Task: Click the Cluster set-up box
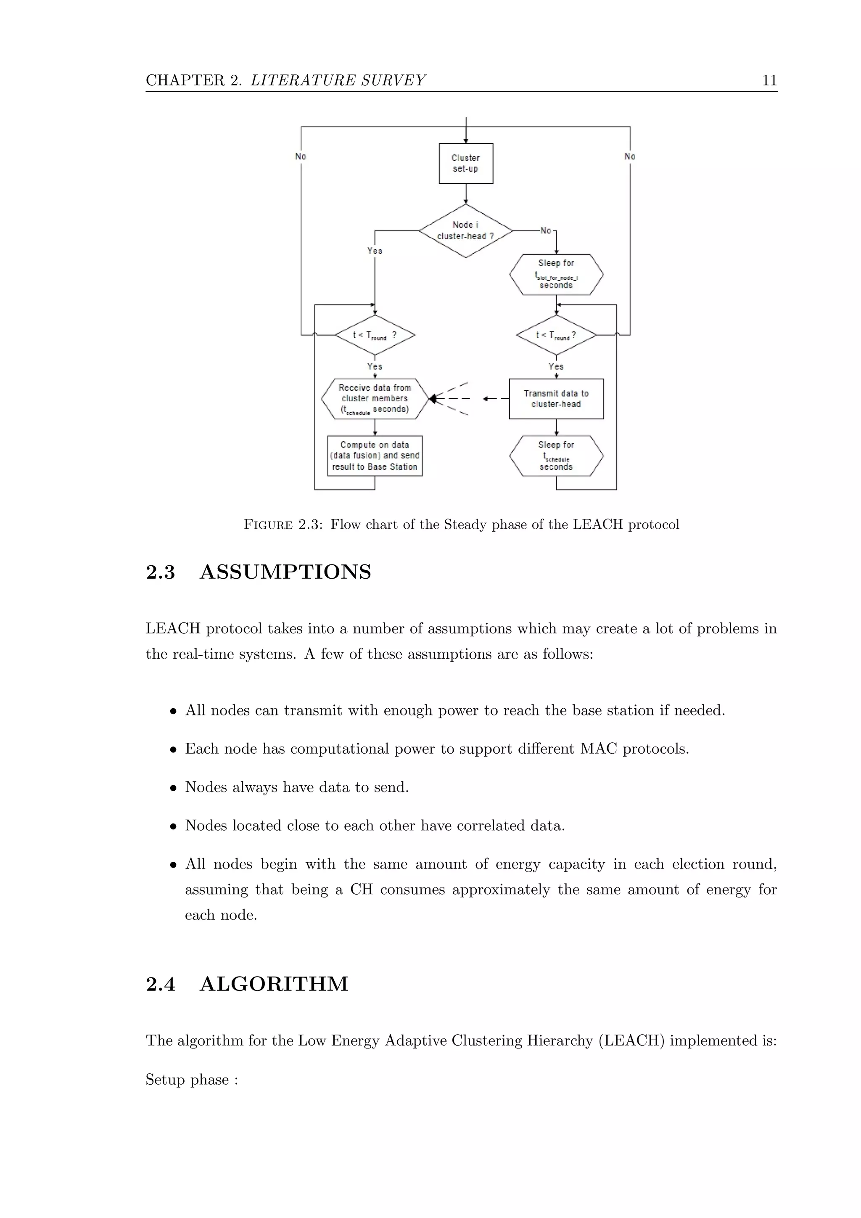[x=465, y=163]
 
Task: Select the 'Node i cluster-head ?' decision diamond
[x=465, y=231]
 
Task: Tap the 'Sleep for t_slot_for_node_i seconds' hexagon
[x=556, y=274]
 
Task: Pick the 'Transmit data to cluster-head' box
[x=556, y=399]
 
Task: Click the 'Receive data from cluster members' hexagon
[x=374, y=399]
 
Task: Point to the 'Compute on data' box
[x=374, y=455]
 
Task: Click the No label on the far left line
[x=301, y=156]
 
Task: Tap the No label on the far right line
[x=630, y=156]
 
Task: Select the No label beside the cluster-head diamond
[x=546, y=231]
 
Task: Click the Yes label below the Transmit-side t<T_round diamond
[x=556, y=367]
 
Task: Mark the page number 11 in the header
[x=769, y=81]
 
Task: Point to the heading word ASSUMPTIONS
[x=285, y=572]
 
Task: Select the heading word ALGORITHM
[x=274, y=984]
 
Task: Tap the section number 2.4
[x=160, y=985]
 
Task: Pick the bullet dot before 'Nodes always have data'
[x=173, y=788]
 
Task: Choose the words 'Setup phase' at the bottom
[x=187, y=1080]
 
